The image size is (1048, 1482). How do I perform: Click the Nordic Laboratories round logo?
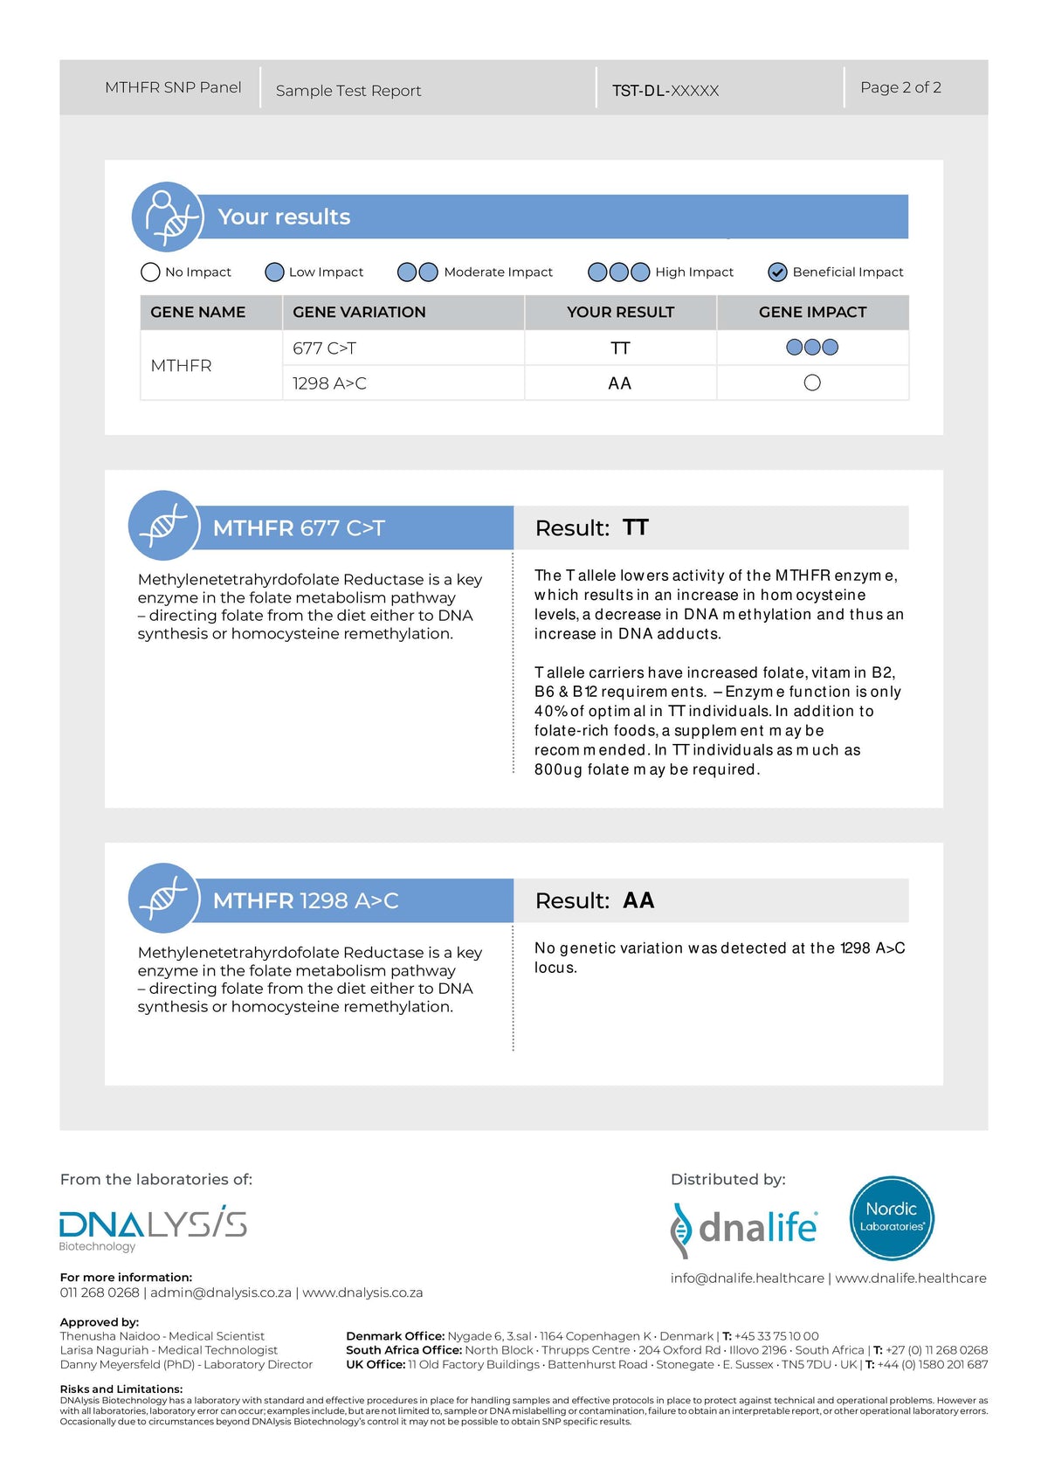tap(892, 1218)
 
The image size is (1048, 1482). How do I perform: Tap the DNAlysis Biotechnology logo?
tap(153, 1227)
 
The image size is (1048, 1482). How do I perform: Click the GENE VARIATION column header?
tap(359, 312)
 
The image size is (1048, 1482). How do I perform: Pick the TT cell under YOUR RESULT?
tap(620, 348)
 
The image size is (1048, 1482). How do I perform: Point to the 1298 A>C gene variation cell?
tap(329, 383)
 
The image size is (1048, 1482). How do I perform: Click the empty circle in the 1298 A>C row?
tap(812, 383)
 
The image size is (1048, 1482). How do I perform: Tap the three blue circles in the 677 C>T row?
tap(812, 348)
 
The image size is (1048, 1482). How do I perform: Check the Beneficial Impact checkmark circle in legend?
tap(777, 272)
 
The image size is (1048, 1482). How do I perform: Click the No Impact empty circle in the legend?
tap(150, 272)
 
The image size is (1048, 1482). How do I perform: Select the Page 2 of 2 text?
tap(900, 87)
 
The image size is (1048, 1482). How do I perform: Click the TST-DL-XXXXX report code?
tap(665, 91)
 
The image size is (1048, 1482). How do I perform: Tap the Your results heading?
tap(284, 217)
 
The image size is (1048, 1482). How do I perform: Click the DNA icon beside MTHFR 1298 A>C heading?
tap(163, 898)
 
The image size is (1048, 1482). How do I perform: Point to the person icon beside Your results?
tap(168, 217)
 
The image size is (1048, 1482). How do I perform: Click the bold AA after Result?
tap(638, 900)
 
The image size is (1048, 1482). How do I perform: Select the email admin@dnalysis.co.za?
tap(221, 1292)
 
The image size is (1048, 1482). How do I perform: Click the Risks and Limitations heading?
tap(121, 1389)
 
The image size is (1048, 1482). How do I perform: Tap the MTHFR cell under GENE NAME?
tap(181, 366)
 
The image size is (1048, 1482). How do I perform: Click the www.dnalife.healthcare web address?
tap(911, 1278)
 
